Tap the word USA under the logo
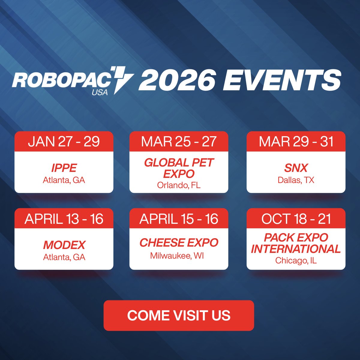[100, 92]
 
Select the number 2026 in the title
[177, 80]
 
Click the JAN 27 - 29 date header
[64, 142]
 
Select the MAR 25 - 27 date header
[179, 142]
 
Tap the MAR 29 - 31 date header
[296, 142]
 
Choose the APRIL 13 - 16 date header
[64, 219]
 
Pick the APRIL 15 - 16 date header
[179, 219]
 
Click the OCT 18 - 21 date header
[296, 219]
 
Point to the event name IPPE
[64, 168]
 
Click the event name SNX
[296, 168]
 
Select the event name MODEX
[64, 245]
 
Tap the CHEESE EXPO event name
[179, 243]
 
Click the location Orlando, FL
[179, 185]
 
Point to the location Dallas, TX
[296, 180]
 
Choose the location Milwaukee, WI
[177, 256]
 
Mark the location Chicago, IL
[296, 260]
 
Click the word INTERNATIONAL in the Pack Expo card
[296, 249]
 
